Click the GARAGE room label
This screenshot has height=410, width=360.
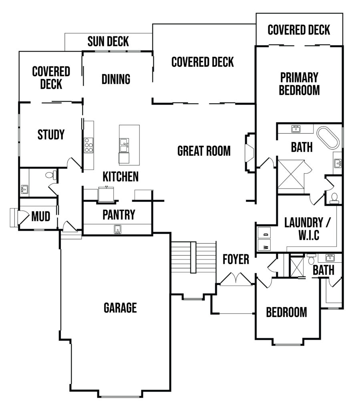click(x=120, y=308)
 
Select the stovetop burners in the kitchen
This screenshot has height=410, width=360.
click(x=88, y=145)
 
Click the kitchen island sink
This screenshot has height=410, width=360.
click(x=124, y=145)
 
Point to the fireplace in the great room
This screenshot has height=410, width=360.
click(x=249, y=153)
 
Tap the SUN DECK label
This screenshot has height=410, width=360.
click(x=108, y=41)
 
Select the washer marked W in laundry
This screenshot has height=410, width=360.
click(x=264, y=246)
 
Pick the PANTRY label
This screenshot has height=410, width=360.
click(x=119, y=215)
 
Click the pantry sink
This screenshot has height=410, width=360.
click(x=118, y=229)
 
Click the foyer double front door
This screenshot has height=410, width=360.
click(x=236, y=279)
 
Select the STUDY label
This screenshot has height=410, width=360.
click(x=51, y=135)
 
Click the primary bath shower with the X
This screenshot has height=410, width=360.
click(x=291, y=174)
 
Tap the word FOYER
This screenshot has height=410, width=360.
click(x=236, y=259)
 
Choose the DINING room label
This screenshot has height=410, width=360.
click(x=116, y=79)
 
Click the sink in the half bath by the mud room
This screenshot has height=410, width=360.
click(x=24, y=189)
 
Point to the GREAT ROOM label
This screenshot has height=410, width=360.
click(x=204, y=151)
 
